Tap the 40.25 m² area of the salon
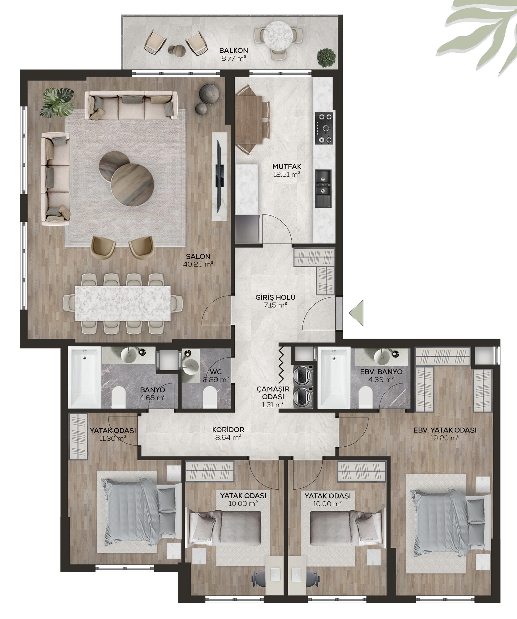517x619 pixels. [198, 264]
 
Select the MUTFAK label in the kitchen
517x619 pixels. [287, 167]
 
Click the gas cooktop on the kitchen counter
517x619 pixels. [324, 128]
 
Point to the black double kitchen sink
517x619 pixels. [324, 188]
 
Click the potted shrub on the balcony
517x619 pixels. [326, 57]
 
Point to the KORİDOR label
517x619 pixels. [228, 430]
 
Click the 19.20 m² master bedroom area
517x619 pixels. [445, 438]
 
